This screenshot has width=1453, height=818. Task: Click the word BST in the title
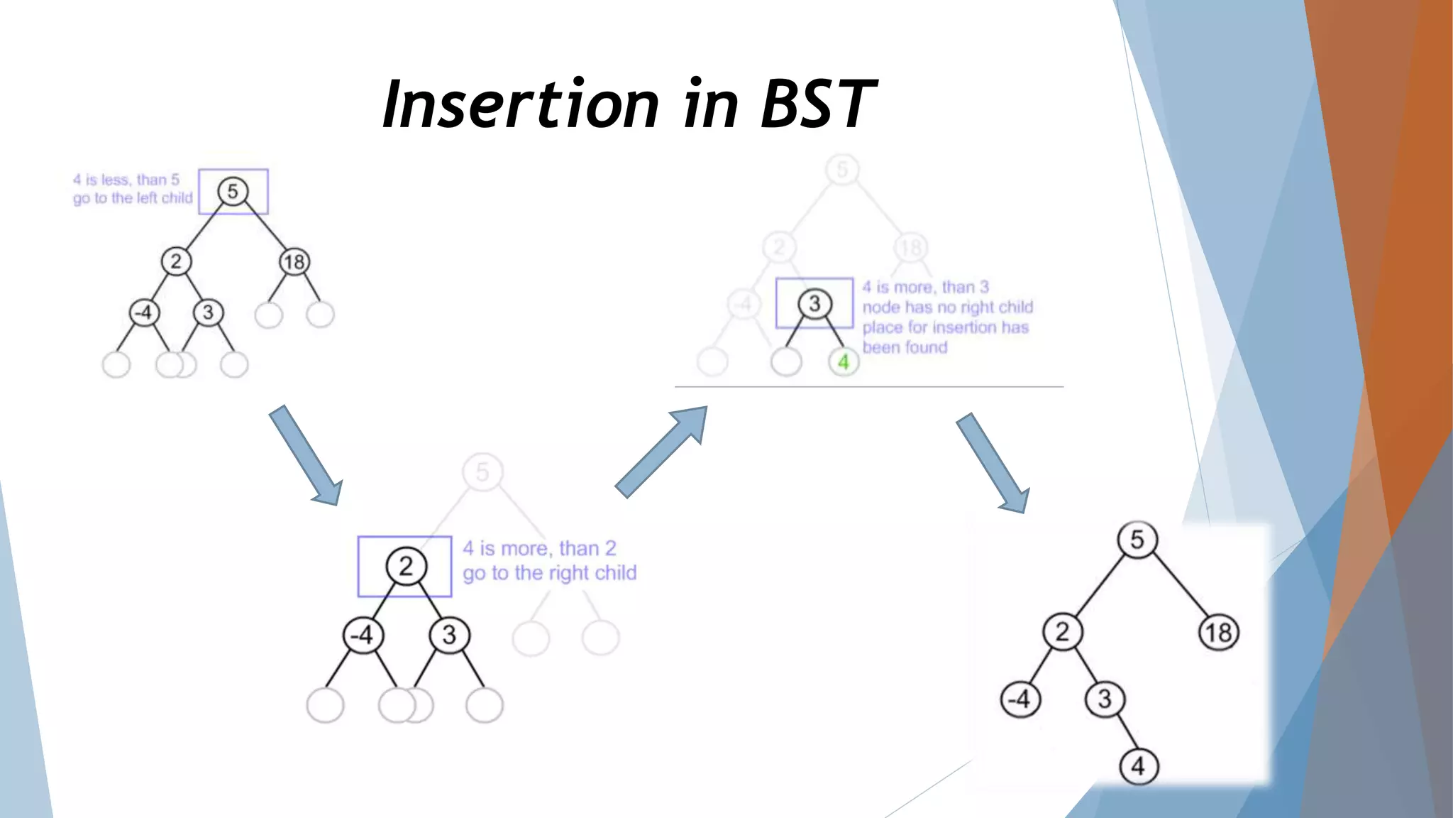817,104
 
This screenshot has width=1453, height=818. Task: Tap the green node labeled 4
843,362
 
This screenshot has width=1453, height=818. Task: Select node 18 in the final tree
1218,633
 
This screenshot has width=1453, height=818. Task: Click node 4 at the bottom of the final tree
1138,766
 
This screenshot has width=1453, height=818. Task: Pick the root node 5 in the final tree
1137,540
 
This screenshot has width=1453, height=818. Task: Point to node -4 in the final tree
1020,699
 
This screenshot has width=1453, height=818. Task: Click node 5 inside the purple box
233,192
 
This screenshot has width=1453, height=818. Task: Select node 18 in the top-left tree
294,262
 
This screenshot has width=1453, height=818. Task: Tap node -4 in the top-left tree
144,312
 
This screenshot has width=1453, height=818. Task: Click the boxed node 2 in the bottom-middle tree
405,566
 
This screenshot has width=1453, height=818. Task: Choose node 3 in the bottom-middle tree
449,635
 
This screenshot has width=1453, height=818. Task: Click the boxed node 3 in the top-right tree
814,304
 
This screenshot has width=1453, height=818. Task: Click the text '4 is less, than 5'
126,180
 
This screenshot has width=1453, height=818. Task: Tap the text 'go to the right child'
550,573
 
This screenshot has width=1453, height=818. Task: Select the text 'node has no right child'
947,307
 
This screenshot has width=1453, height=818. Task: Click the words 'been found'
905,347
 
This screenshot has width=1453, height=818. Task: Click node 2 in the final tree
1061,631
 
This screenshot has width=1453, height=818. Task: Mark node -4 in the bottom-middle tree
363,635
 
